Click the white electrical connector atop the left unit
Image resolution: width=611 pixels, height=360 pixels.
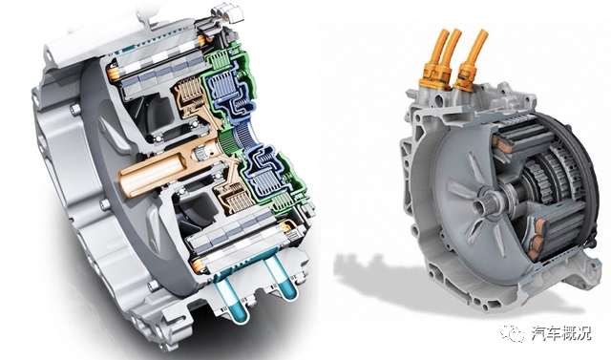(227, 14)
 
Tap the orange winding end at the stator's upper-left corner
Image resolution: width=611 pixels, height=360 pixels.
(113, 73)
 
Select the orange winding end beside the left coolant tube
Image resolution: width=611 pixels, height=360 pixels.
(199, 265)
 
